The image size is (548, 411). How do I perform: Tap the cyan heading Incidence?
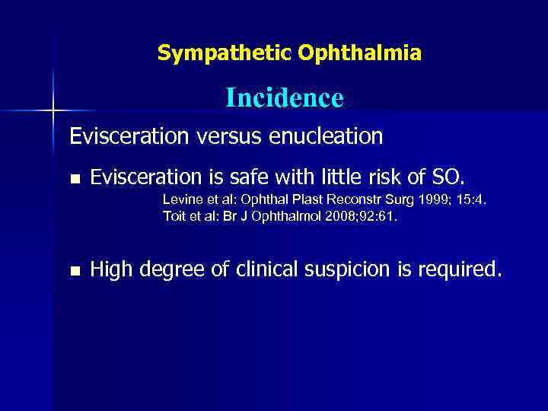click(x=284, y=98)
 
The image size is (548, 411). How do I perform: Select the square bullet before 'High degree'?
click(x=74, y=270)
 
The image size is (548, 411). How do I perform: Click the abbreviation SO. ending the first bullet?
click(x=446, y=179)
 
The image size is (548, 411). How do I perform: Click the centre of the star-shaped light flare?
click(x=53, y=111)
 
